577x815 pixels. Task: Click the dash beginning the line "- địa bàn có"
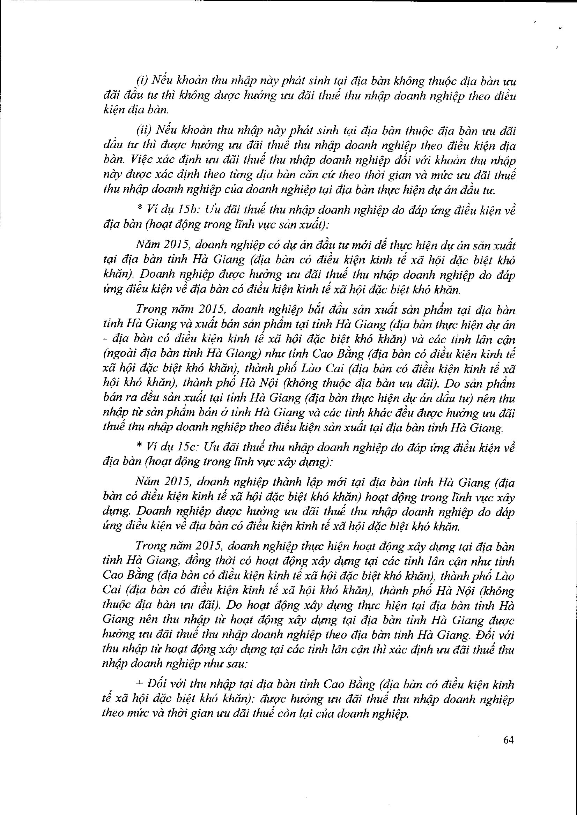[x=104, y=339]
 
